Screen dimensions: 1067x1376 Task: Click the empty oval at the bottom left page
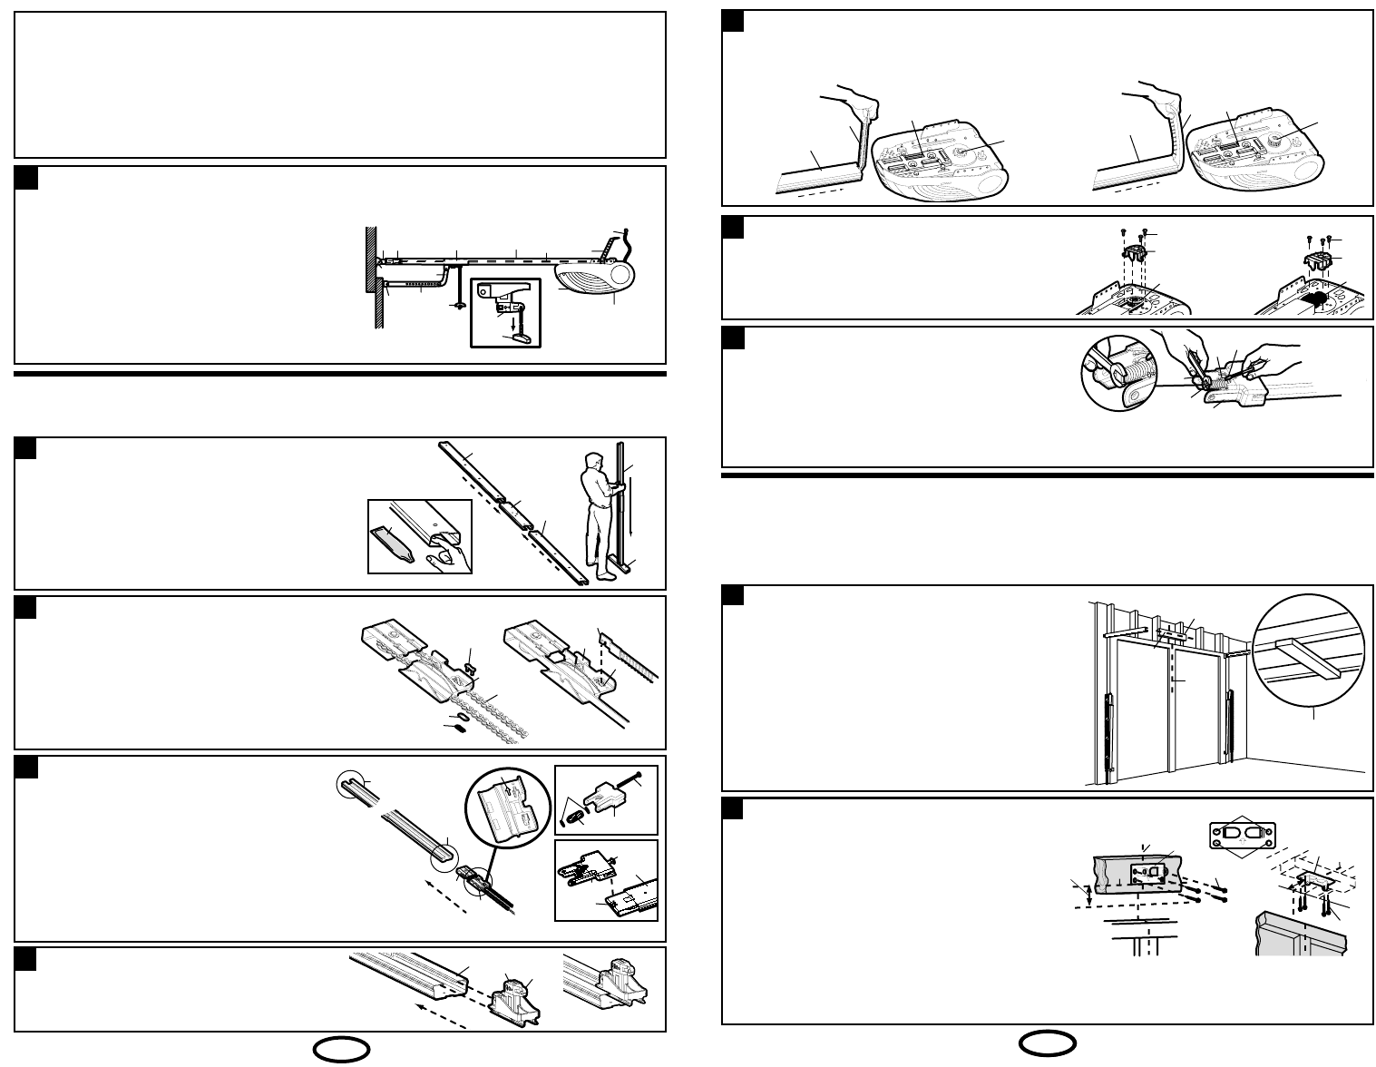coord(342,1050)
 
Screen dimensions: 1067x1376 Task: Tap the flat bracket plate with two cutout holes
coord(1244,833)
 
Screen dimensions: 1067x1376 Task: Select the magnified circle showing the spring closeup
coord(1116,373)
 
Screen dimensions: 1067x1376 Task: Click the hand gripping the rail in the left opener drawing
coord(859,103)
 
